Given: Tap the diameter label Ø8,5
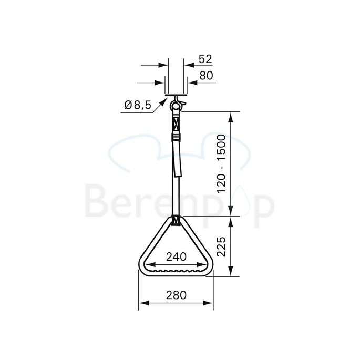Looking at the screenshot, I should (x=138, y=105).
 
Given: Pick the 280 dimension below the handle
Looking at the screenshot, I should (x=176, y=295).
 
